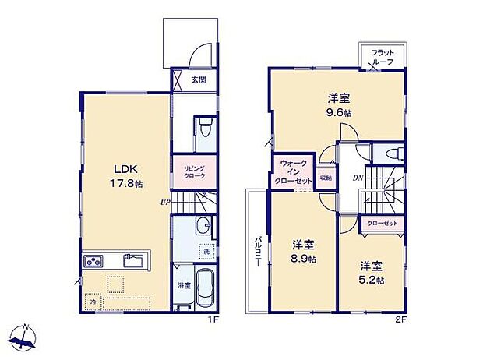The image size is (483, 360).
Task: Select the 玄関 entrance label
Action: pos(199,79)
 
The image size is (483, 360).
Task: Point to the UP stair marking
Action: pos(164,202)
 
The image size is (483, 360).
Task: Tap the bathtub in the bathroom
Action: pos(204,289)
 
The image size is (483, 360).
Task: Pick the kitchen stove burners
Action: pos(93,261)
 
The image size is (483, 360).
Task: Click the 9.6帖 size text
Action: pos(337,112)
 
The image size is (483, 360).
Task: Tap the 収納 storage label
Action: pos(326,178)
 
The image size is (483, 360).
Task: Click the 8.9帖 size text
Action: pos(304,259)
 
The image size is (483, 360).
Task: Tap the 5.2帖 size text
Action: pos(371,281)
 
